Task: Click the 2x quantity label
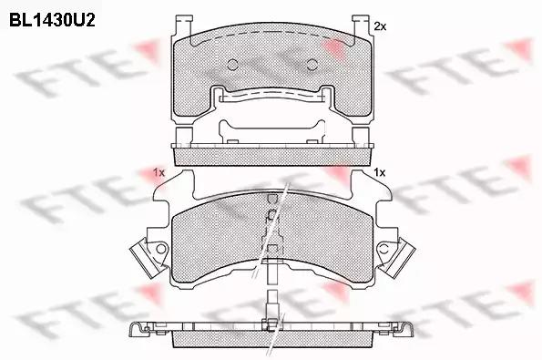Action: click(x=380, y=26)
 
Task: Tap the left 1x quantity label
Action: click(x=159, y=171)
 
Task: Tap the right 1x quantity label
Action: click(x=380, y=172)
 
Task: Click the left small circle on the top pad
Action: click(x=231, y=65)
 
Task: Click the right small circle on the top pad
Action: click(x=312, y=65)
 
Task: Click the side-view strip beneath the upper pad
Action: click(x=271, y=156)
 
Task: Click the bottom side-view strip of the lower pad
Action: click(x=271, y=338)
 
